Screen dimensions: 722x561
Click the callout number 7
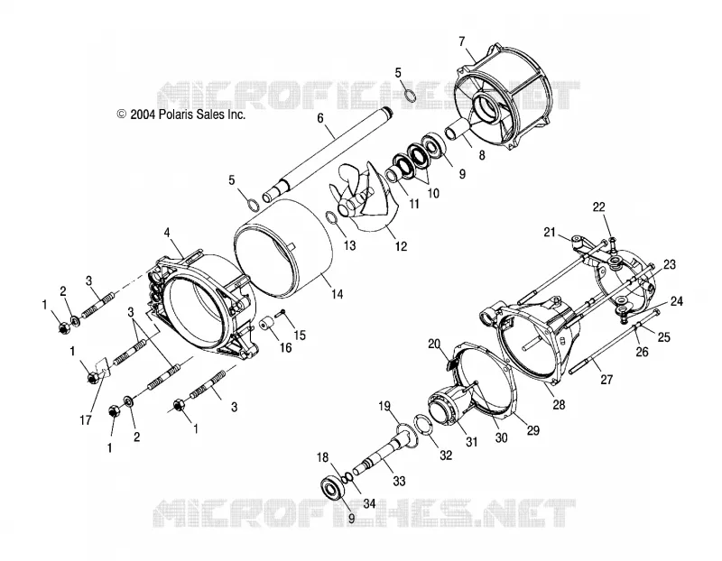point(462,41)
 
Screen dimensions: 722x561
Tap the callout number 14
point(338,294)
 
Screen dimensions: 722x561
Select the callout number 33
point(399,481)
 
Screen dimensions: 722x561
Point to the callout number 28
point(559,405)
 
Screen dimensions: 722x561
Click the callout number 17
point(86,419)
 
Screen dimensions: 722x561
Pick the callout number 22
point(598,207)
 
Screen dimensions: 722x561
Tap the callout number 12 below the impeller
point(401,246)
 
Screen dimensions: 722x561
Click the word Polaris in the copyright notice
point(174,115)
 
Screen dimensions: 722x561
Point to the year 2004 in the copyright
point(143,115)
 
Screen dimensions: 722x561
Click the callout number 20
point(434,344)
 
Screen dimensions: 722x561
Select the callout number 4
point(167,233)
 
